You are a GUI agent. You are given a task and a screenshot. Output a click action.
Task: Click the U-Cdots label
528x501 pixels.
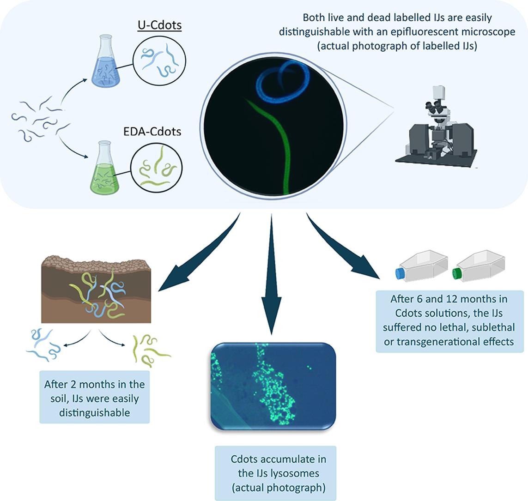159,25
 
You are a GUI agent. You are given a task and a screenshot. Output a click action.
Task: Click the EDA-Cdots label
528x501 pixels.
159,132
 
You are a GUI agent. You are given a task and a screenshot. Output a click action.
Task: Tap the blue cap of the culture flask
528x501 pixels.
400,273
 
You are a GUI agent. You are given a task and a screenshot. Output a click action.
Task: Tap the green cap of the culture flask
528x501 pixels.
457,273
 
